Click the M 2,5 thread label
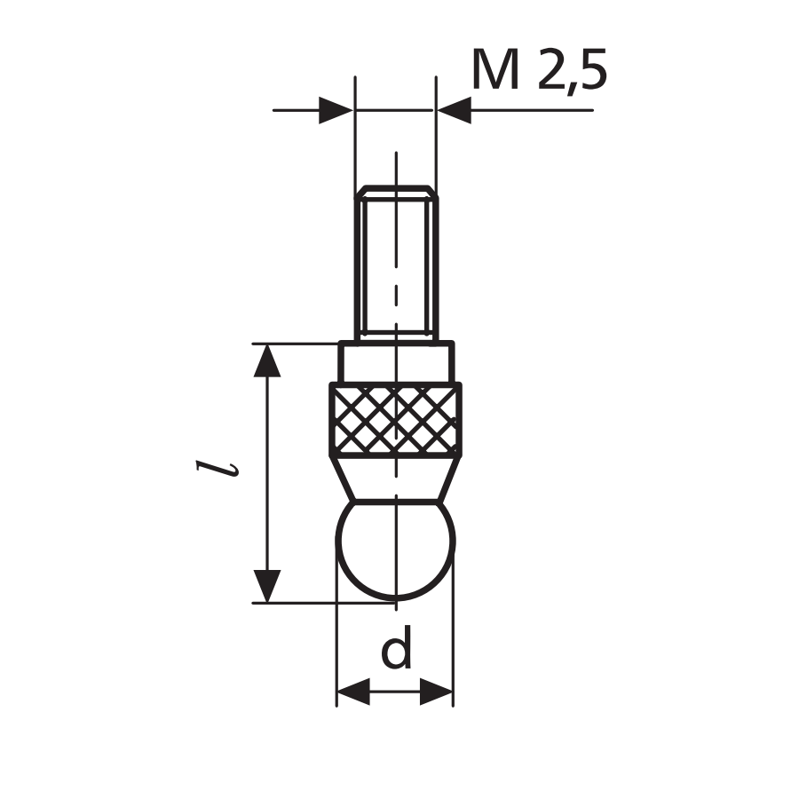540,70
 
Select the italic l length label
218,469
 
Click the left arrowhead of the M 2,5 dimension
336,110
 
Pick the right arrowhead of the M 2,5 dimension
454,110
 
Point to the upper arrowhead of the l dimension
267,360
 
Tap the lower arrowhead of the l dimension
267,586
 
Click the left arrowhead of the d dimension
353,692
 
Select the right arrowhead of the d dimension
436,692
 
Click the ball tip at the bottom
395,550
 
